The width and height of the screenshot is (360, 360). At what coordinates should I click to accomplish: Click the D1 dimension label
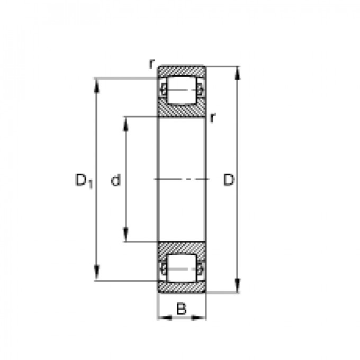84,181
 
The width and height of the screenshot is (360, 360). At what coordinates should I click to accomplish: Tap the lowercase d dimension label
116,180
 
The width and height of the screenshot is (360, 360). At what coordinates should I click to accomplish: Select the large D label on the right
229,180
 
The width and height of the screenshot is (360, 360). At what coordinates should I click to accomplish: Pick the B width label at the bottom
182,308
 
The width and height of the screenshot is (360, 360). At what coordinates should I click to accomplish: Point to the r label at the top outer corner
151,64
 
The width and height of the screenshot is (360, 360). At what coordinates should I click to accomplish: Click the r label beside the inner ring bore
213,118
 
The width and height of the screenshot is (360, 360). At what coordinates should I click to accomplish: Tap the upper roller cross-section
182,90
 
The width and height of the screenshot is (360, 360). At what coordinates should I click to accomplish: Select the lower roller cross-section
182,268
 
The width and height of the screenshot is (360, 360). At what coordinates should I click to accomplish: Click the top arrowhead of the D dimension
238,73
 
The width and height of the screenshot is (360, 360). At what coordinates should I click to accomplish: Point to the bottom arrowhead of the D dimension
238,286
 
